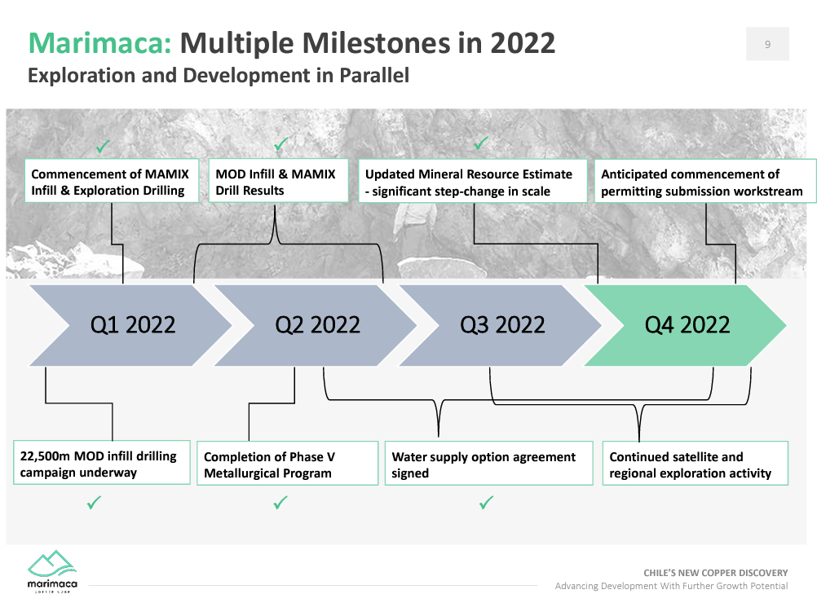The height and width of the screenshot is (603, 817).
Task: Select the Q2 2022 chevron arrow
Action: pos(316,325)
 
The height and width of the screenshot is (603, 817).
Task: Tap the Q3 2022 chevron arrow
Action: pos(501,325)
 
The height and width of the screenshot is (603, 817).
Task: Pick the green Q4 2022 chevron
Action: pos(687,325)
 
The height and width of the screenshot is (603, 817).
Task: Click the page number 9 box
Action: pos(767,44)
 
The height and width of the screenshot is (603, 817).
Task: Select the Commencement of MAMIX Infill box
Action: pos(109,182)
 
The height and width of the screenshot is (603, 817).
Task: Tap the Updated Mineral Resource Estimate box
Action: pos(472,183)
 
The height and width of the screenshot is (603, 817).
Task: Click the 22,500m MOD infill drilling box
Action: pos(101,464)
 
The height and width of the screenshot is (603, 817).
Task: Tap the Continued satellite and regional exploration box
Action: pos(695,464)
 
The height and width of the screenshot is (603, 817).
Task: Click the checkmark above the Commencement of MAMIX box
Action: pos(103,147)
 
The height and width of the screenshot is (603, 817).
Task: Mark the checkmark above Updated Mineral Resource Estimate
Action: pos(481,144)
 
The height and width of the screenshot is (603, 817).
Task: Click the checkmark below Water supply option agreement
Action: pos(486,504)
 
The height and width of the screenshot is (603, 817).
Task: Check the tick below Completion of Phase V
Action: pos(280,504)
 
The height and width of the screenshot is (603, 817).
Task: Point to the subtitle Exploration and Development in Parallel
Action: pos(219,76)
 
